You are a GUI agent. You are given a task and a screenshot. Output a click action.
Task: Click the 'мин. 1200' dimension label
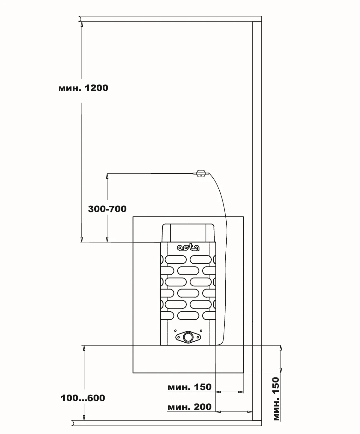[83, 88]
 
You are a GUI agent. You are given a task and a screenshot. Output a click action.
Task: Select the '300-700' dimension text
[107, 209]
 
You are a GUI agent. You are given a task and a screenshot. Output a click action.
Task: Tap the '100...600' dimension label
[83, 398]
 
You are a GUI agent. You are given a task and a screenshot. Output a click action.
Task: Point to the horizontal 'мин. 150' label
[190, 387]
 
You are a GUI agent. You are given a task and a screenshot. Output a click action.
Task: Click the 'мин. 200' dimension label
[190, 407]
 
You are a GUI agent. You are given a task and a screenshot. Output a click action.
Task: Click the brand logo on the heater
[188, 248]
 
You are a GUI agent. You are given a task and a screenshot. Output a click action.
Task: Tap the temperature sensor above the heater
[201, 174]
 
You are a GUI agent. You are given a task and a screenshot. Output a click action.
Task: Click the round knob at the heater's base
[188, 337]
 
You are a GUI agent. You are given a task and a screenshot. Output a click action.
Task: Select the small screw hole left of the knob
[175, 331]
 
